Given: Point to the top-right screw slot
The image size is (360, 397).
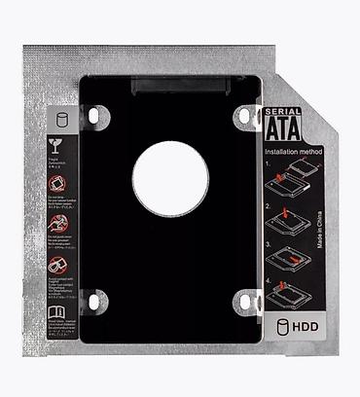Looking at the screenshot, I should point(242,116).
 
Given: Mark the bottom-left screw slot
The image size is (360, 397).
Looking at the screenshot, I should point(93,302).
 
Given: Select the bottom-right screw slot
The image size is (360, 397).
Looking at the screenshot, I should point(242,302).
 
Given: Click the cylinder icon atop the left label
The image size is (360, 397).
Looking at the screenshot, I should point(60,123).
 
